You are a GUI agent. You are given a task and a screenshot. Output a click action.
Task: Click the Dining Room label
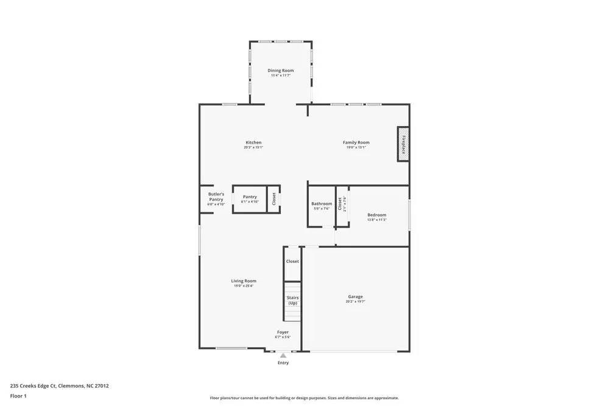(x=281, y=71)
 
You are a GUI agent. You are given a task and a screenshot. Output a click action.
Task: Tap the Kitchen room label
(x=253, y=142)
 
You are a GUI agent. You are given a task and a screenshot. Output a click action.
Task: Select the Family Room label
(x=356, y=142)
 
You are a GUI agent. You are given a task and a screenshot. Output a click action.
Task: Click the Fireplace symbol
(x=403, y=144)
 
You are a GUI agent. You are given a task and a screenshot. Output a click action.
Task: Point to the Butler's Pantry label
(x=216, y=197)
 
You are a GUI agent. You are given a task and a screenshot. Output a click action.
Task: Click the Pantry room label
(x=250, y=197)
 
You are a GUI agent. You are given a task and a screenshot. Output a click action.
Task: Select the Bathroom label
(x=322, y=204)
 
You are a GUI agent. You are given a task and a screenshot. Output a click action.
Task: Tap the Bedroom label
(x=376, y=215)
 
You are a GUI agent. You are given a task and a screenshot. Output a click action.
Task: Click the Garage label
(x=356, y=296)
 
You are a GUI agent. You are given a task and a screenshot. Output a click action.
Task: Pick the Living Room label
(x=244, y=281)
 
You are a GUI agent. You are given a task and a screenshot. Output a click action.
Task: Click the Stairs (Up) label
(x=293, y=300)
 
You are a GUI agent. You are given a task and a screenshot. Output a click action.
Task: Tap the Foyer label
(x=283, y=332)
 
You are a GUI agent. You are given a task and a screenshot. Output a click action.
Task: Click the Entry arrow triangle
(x=283, y=355)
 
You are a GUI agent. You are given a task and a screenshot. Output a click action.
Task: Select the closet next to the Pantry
(x=274, y=198)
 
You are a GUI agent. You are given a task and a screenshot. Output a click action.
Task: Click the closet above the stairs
(x=293, y=261)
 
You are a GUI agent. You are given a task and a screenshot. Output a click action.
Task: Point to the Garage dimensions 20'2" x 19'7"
(x=356, y=301)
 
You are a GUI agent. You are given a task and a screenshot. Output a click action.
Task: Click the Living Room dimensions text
(x=244, y=285)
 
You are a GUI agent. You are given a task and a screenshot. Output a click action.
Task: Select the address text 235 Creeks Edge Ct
(x=59, y=385)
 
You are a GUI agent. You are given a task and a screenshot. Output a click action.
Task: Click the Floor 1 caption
(x=18, y=396)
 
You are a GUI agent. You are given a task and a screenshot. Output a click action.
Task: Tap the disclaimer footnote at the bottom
(x=304, y=397)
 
